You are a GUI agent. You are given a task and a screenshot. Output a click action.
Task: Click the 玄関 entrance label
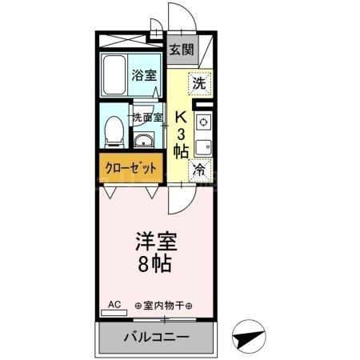tap(182, 49)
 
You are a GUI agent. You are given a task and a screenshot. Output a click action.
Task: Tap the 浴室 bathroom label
tap(144, 78)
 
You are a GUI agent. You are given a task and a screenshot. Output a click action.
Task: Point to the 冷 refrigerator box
tap(199, 170)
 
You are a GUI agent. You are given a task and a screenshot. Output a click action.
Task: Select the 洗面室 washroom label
tap(148, 117)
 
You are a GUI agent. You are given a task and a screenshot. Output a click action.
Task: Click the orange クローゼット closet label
tap(130, 169)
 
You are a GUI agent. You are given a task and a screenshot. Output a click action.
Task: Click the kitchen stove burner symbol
tap(202, 122)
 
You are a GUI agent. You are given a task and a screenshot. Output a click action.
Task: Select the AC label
tap(114, 305)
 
